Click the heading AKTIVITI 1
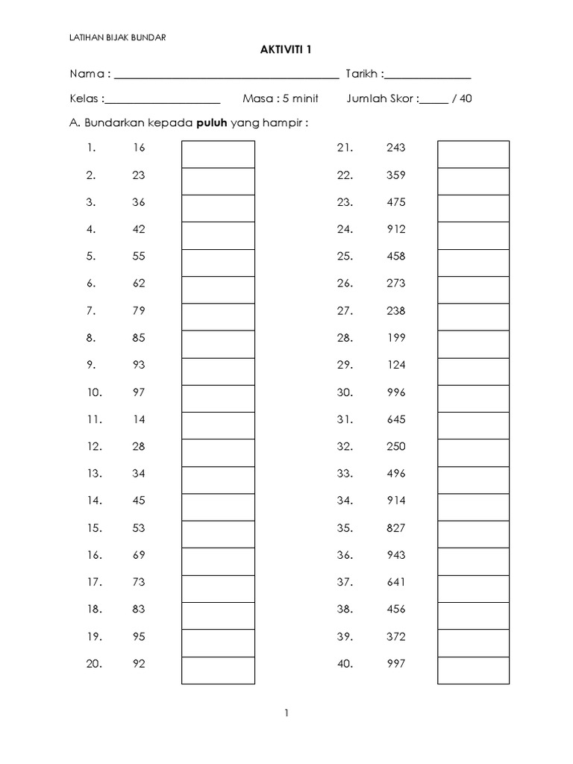tap(286, 50)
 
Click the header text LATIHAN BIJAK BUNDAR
tap(118, 35)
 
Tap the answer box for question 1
tap(218, 154)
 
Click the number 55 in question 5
tap(139, 256)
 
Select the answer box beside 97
tap(218, 398)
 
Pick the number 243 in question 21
tap(396, 148)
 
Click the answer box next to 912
tap(473, 236)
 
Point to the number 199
tap(396, 337)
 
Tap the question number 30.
tap(344, 392)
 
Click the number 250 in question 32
tap(396, 446)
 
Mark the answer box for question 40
tap(473, 670)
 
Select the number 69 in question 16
tap(139, 555)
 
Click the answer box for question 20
tap(218, 670)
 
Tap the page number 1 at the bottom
tap(286, 713)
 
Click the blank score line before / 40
tap(433, 101)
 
